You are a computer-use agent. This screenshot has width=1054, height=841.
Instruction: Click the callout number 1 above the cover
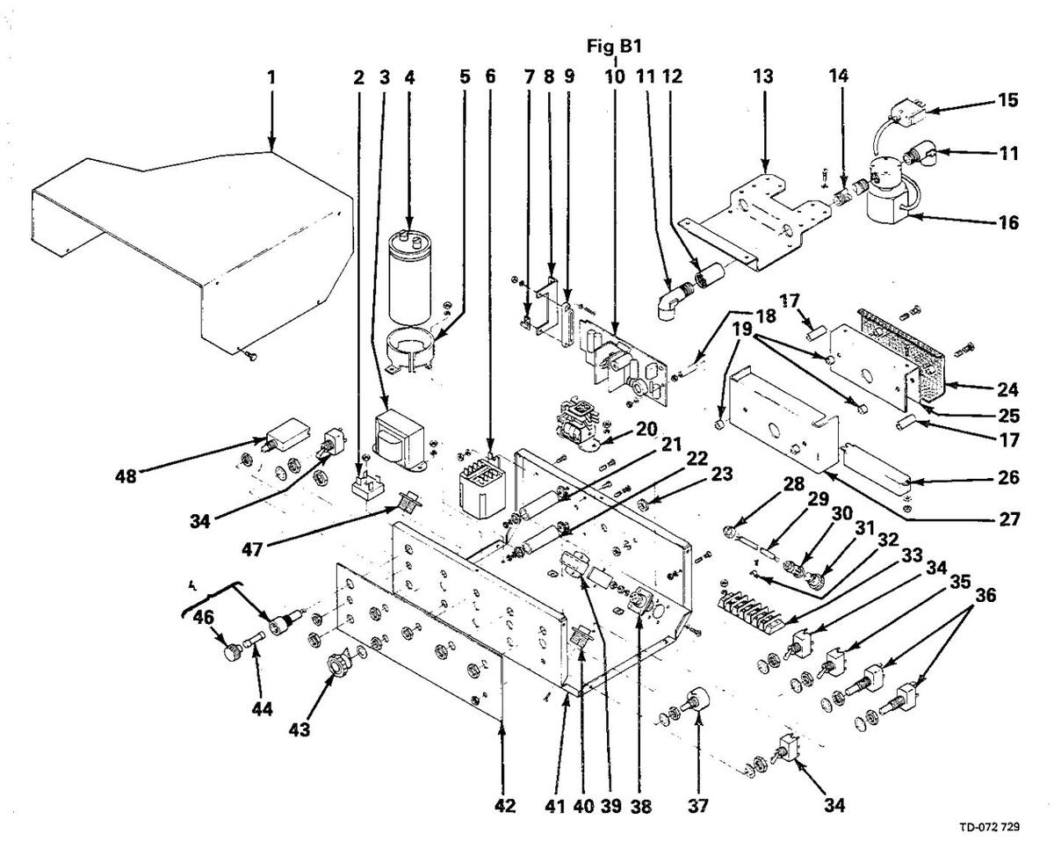(271, 77)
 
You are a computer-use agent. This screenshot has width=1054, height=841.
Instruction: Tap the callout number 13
(763, 77)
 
